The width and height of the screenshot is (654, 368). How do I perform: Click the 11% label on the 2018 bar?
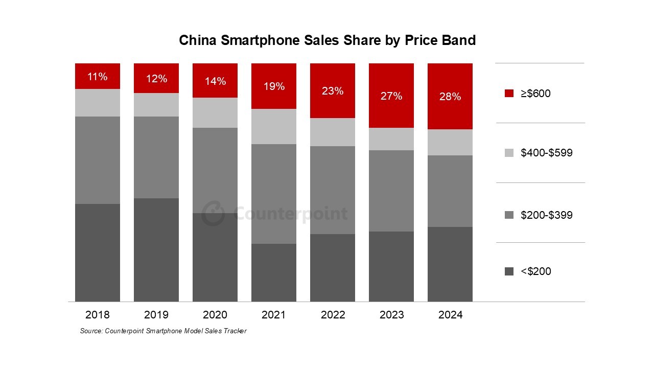click(97, 77)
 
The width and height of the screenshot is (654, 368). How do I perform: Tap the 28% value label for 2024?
click(450, 97)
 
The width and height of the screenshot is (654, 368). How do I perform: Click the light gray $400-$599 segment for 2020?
click(215, 113)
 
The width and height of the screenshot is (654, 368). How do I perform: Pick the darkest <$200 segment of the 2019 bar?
click(156, 250)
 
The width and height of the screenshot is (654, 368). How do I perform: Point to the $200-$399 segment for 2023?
click(391, 191)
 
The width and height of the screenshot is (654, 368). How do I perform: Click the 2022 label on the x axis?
click(333, 315)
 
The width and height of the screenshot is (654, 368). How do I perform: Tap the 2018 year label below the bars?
click(97, 315)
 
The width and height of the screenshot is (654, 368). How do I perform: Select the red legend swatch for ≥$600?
click(508, 94)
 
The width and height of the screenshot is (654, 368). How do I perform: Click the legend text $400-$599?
click(546, 153)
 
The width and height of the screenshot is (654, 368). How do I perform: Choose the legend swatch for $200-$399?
click(508, 215)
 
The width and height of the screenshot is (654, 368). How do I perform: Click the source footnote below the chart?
click(163, 331)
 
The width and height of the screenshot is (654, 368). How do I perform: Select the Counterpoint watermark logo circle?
click(213, 214)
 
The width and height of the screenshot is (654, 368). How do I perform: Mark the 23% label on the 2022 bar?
click(333, 91)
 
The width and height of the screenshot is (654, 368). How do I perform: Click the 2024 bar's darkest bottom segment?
click(450, 264)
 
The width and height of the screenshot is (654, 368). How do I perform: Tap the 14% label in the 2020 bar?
click(215, 81)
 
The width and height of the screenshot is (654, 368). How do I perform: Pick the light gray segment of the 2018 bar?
click(97, 103)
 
